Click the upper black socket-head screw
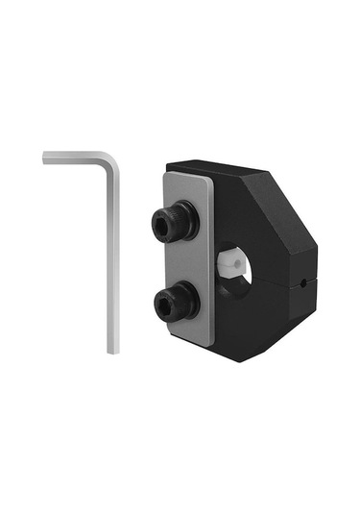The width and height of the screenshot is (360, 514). pos(175,223)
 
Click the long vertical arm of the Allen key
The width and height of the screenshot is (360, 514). pos(112,259)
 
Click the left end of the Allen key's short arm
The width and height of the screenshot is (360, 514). pos(46,158)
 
